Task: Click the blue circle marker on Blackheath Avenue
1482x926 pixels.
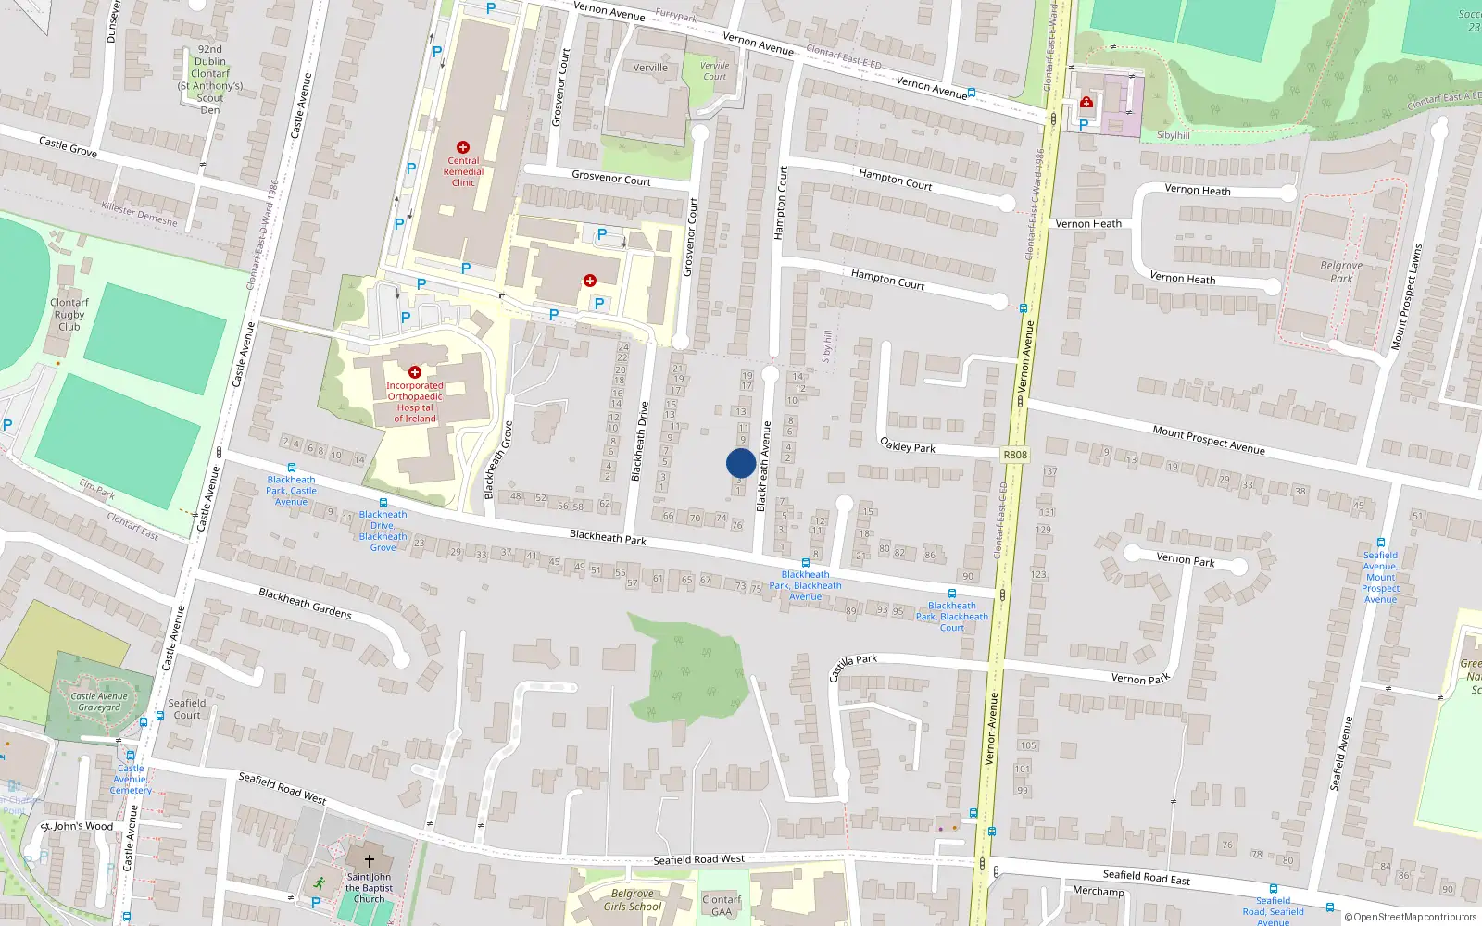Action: coord(740,463)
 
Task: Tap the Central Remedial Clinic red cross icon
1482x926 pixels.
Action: coord(463,147)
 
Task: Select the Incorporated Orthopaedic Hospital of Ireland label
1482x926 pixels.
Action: coord(414,402)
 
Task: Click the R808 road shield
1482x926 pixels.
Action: coord(1015,455)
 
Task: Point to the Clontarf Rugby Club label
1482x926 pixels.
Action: coord(69,315)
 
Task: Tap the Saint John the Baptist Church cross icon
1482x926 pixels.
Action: coord(369,860)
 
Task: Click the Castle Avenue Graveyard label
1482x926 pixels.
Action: coord(99,702)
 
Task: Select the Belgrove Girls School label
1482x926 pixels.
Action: coord(633,900)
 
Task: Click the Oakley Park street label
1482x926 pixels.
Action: coord(908,446)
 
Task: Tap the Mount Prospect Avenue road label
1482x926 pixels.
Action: coord(1208,440)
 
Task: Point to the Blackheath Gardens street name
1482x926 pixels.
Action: coord(305,604)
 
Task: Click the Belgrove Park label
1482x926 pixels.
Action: coord(1341,271)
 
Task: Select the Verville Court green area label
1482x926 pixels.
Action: coord(714,70)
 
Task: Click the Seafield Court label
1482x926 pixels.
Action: coord(187,708)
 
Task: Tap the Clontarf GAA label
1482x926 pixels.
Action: coord(722,906)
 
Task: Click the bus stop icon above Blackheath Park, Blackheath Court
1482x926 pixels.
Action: coord(951,594)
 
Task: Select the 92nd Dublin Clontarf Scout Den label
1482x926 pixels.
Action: coord(210,80)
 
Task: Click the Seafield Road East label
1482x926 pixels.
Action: coord(1146,876)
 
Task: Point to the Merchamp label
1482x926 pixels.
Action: coord(1098,892)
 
